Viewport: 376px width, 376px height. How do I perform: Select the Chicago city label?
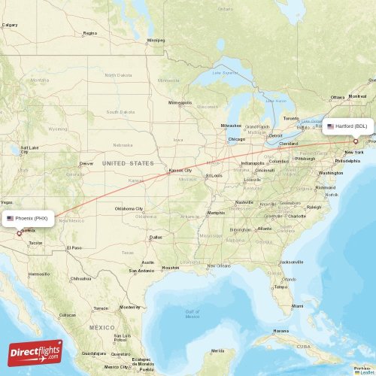coord(237,139)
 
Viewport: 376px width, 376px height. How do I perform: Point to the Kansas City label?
coord(180,170)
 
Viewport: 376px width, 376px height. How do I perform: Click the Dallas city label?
coord(156,238)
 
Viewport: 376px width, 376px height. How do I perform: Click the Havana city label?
coord(281,331)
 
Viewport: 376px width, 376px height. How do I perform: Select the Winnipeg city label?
coord(156,40)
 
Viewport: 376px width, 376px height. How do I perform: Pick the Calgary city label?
coord(10,25)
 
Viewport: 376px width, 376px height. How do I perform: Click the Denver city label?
coord(87,163)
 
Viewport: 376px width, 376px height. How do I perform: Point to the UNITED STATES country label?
coord(128,163)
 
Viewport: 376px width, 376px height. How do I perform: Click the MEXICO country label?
coord(102,328)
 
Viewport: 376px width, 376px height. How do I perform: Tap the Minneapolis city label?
coord(180,102)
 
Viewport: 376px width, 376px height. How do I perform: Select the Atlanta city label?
coord(264,229)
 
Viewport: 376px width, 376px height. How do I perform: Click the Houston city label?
coord(171,268)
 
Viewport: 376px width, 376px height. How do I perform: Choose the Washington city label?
coord(331,173)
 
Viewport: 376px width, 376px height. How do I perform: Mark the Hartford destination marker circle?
coord(356,141)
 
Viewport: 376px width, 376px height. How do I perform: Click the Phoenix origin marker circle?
coord(20,233)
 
